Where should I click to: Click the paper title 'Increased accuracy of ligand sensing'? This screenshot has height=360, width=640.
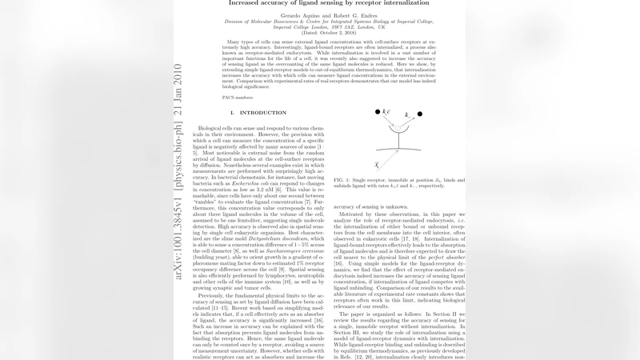(319, 4)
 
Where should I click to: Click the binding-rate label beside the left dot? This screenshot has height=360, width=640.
(386, 111)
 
